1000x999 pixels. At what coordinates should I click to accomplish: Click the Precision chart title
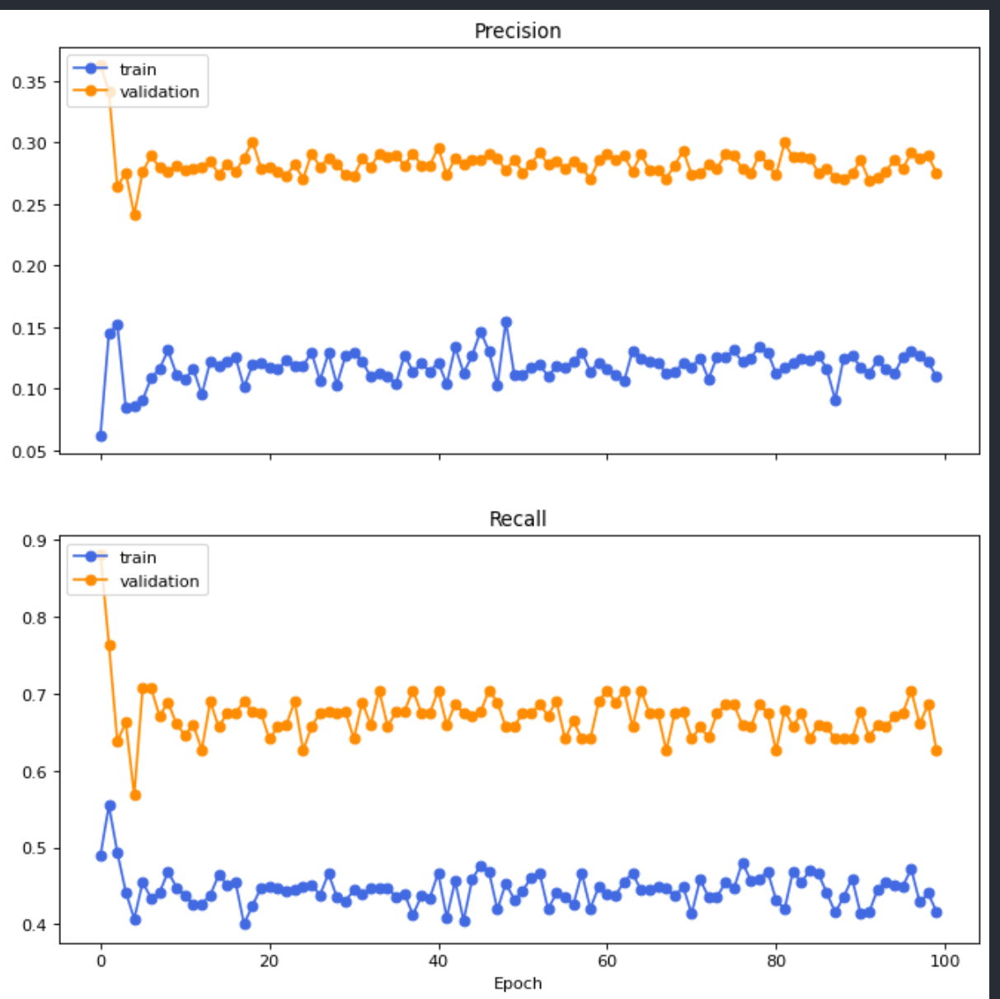click(517, 31)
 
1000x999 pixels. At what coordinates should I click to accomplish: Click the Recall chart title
click(517, 519)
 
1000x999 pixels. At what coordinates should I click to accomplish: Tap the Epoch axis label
click(518, 983)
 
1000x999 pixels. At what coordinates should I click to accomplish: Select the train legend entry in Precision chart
click(138, 70)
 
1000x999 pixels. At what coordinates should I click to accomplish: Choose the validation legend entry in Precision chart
click(159, 92)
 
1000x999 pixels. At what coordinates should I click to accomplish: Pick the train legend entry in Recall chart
click(138, 558)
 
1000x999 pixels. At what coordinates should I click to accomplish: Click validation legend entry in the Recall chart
click(159, 581)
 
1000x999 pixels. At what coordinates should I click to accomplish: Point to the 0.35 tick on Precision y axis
click(29, 82)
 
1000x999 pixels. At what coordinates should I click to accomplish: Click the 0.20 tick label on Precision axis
click(29, 266)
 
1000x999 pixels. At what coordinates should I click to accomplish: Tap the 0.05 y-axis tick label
click(29, 451)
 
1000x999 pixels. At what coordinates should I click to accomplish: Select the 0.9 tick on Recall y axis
click(34, 542)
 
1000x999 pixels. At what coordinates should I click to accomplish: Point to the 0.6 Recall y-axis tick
click(34, 772)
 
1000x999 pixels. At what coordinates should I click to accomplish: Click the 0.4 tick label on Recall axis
click(34, 926)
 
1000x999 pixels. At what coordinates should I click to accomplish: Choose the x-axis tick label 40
click(438, 961)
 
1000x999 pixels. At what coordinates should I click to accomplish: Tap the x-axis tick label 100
click(945, 961)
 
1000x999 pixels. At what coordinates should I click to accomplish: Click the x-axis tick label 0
click(101, 961)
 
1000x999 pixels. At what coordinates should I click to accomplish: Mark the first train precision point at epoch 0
click(101, 436)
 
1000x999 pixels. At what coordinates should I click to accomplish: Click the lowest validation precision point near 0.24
click(135, 215)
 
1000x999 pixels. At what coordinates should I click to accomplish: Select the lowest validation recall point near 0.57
click(135, 795)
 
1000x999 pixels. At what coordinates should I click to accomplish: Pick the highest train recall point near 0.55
click(110, 806)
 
